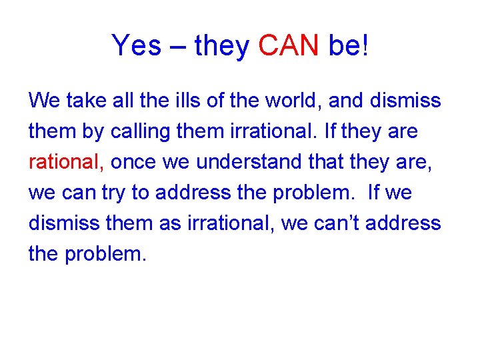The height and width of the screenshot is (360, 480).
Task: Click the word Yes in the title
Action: (136, 46)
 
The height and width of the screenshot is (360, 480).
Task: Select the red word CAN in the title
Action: (289, 46)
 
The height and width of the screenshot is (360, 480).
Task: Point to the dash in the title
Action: (177, 47)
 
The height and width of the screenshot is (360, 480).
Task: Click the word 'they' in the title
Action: (221, 47)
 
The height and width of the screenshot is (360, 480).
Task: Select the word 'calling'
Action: (142, 131)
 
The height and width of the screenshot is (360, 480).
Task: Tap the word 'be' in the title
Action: (343, 46)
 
